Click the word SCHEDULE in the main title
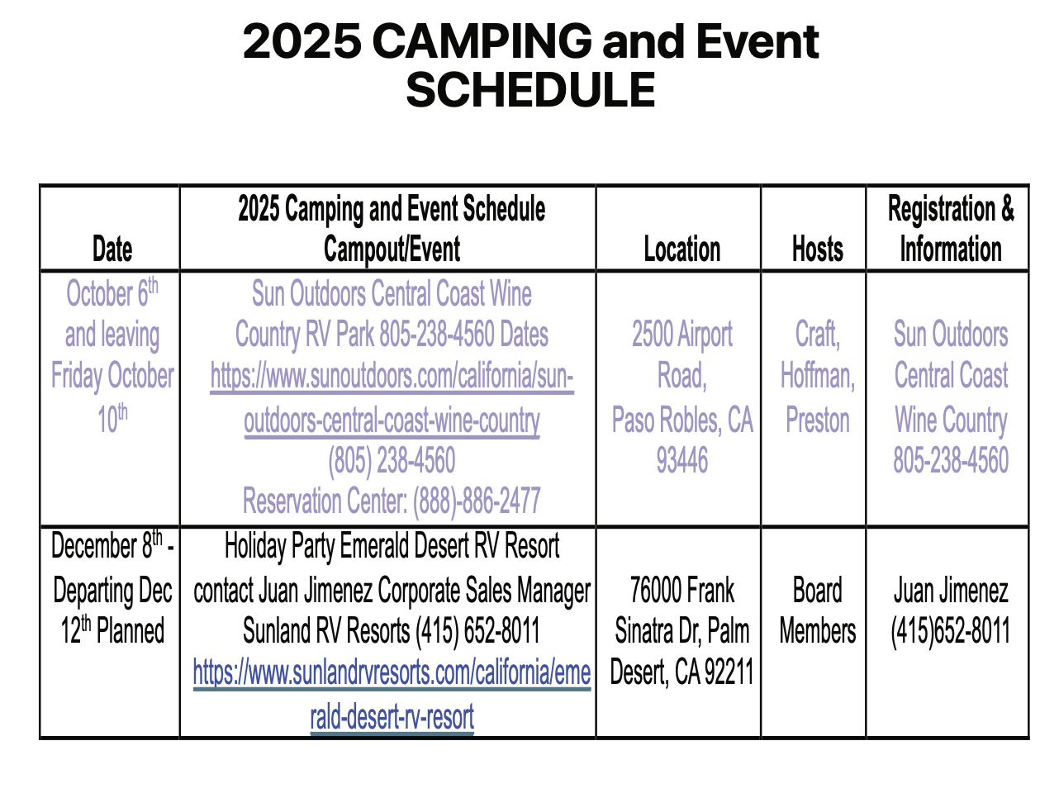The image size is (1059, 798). (x=529, y=90)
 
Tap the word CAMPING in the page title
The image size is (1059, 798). (x=482, y=41)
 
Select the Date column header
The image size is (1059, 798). (x=112, y=249)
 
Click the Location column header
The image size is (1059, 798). (x=681, y=249)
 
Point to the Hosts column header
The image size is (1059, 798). (x=817, y=249)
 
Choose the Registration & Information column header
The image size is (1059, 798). (x=950, y=229)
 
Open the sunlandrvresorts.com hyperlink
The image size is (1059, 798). (x=392, y=694)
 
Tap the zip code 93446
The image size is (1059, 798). (x=681, y=460)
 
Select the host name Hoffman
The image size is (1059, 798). (x=817, y=376)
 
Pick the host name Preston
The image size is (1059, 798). (x=817, y=420)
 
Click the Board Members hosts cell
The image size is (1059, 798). (x=817, y=610)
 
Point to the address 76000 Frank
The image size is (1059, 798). (x=681, y=590)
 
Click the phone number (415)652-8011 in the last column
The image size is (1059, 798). (x=950, y=630)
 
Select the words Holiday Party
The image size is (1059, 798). (x=280, y=547)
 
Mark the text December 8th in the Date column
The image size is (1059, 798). (x=107, y=544)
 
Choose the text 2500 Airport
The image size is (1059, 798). (x=681, y=334)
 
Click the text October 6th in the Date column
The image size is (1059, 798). (x=112, y=292)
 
